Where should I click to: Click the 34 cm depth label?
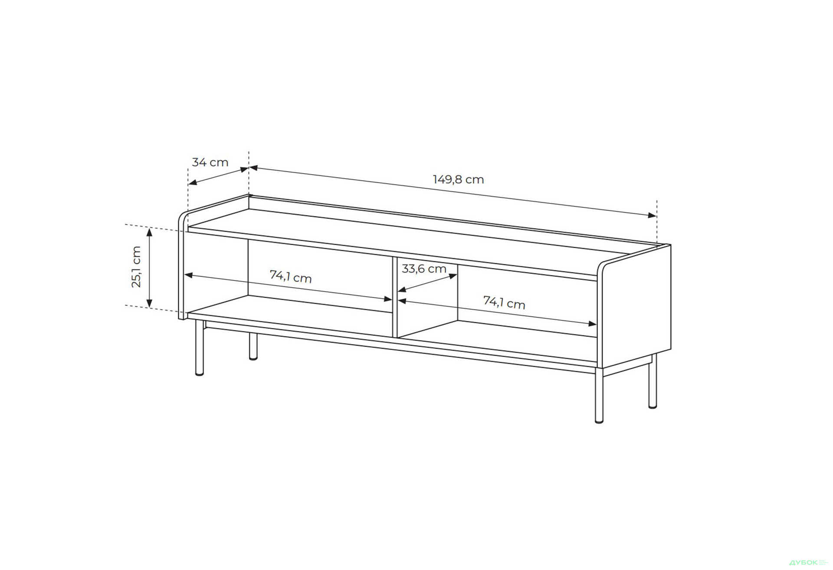210,162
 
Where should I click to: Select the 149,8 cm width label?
458,179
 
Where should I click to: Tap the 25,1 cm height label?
136,267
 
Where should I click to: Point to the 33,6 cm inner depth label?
424,269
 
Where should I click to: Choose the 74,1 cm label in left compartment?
291,276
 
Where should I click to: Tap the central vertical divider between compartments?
395,297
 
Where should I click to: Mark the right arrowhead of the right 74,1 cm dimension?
592,323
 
